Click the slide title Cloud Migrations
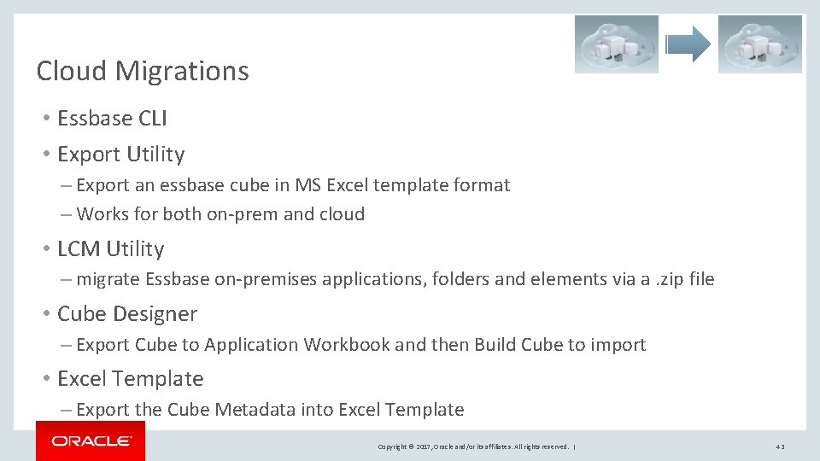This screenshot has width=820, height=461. tap(143, 71)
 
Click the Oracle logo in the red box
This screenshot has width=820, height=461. tap(91, 441)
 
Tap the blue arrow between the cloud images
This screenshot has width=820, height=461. tap(688, 44)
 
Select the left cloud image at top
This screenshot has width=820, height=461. tap(616, 44)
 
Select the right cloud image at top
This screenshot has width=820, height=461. tap(759, 44)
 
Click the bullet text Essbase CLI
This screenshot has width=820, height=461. tap(112, 118)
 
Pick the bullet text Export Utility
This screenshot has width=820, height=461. tap(120, 155)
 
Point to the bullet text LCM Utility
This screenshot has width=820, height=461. tap(110, 249)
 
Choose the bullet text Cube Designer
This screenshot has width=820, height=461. tap(126, 314)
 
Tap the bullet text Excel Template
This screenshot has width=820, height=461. tap(130, 379)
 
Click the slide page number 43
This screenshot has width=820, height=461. tap(780, 446)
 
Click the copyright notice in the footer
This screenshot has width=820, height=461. tap(474, 446)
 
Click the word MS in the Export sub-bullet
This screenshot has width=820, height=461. tap(307, 185)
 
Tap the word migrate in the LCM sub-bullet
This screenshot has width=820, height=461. tap(108, 279)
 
